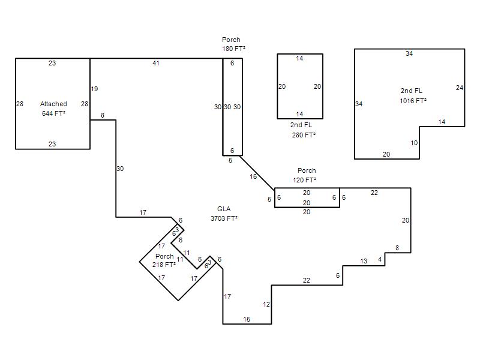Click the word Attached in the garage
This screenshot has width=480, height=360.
tap(53, 104)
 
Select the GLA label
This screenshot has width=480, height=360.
tap(224, 209)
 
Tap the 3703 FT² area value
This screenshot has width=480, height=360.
tap(224, 218)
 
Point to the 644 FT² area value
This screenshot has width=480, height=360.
tap(53, 113)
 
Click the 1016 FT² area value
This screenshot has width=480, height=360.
tap(413, 101)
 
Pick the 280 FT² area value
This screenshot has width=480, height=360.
tap(304, 135)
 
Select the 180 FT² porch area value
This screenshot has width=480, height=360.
tap(233, 49)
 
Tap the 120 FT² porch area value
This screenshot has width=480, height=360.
tap(304, 180)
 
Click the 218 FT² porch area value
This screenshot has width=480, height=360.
tap(164, 265)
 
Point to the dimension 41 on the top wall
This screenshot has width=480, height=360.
tap(156, 63)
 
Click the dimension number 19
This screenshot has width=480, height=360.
tap(94, 89)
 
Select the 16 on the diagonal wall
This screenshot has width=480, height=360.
tap(253, 176)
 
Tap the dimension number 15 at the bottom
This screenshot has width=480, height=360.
tap(247, 319)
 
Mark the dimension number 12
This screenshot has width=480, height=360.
tap(266, 304)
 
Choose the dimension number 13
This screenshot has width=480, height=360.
tap(364, 261)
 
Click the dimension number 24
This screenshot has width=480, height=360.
tap(460, 88)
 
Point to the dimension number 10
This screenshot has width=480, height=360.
tap(414, 143)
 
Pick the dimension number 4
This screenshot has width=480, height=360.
tap(380, 259)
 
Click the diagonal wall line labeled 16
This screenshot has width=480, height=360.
tap(257, 173)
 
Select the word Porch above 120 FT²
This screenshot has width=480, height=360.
tap(307, 170)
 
